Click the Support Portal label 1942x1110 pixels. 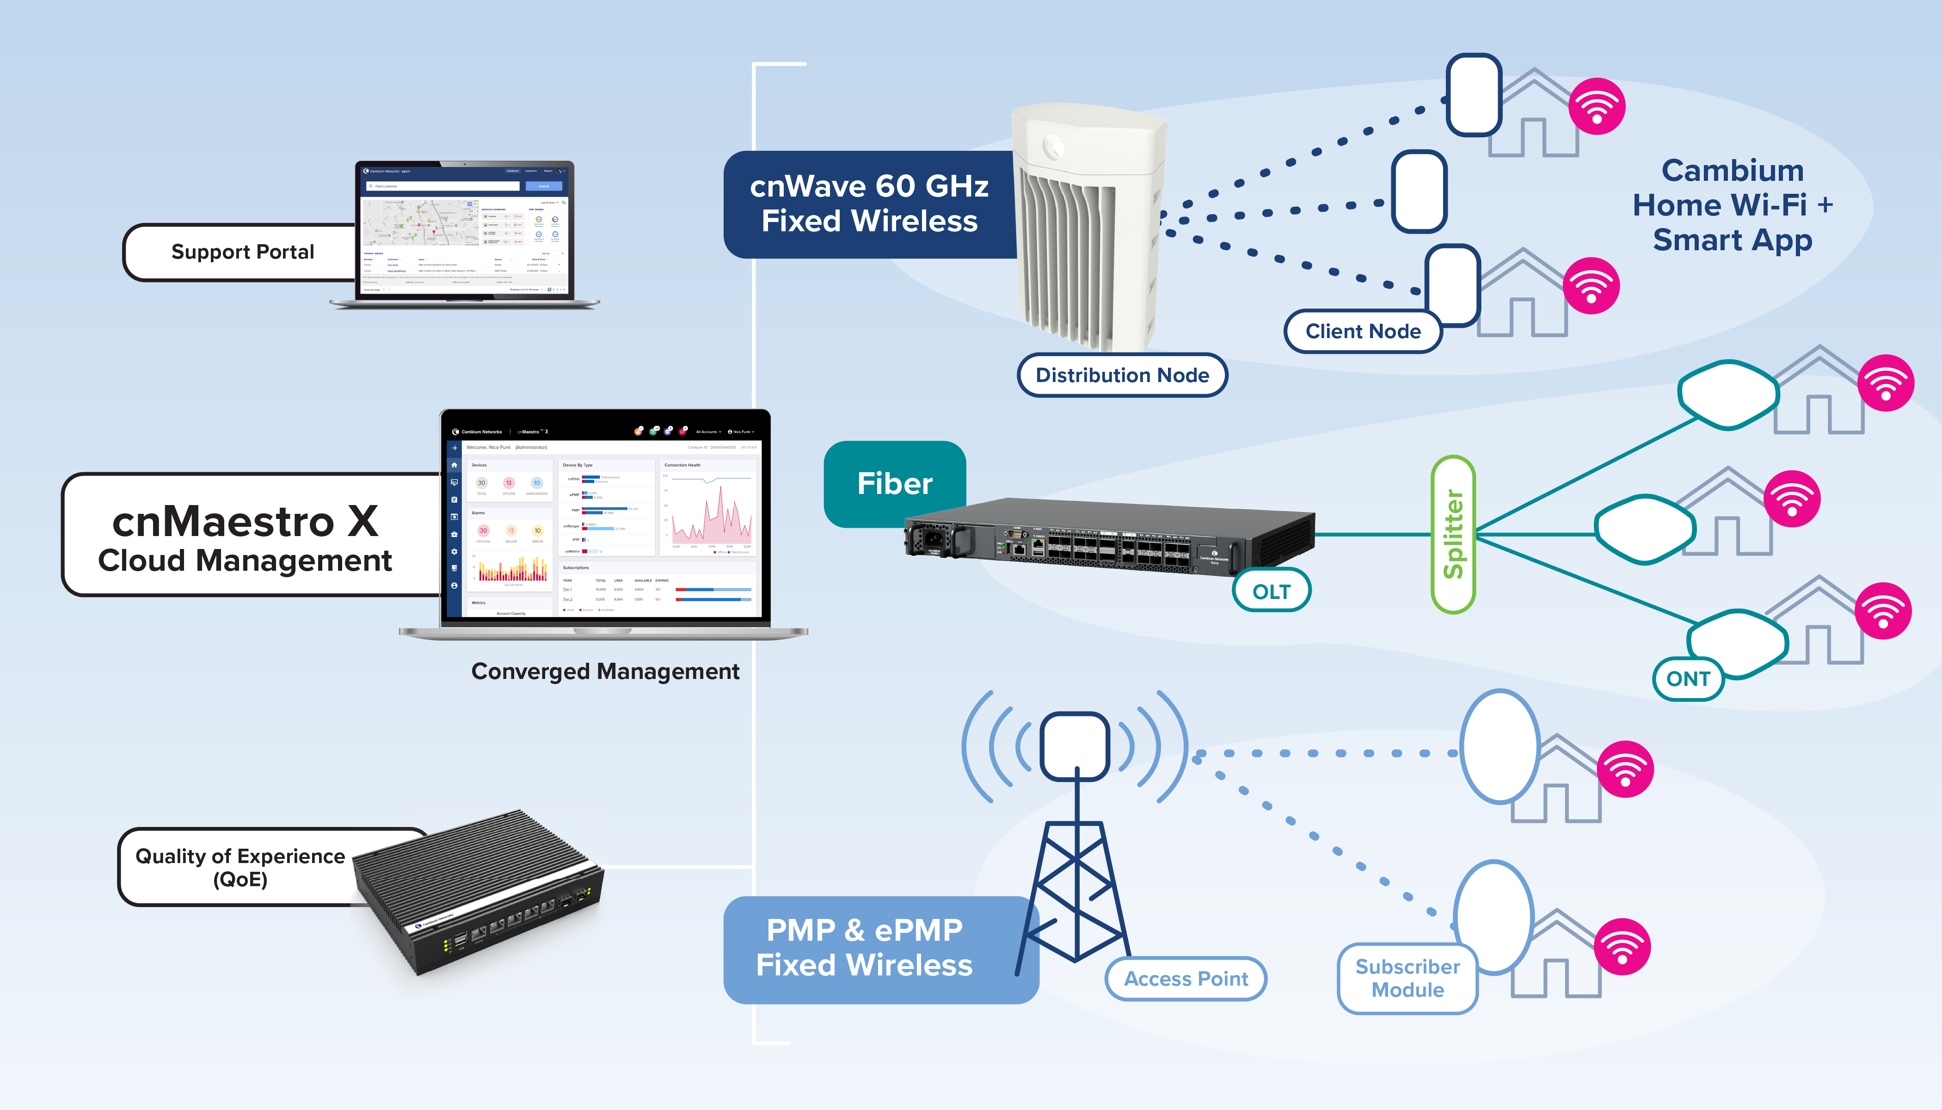[x=242, y=253]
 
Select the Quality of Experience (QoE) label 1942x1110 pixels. [x=240, y=868]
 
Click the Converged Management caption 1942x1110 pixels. [x=605, y=672]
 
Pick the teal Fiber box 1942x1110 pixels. [x=895, y=483]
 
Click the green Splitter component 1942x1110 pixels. [x=1453, y=534]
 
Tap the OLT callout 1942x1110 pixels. [x=1271, y=592]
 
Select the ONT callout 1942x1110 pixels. [x=1688, y=678]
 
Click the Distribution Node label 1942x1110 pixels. [x=1122, y=375]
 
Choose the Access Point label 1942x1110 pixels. [x=1186, y=979]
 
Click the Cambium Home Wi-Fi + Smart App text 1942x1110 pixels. [x=1733, y=205]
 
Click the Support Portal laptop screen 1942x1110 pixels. [x=465, y=231]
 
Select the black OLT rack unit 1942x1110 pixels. [x=1109, y=537]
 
